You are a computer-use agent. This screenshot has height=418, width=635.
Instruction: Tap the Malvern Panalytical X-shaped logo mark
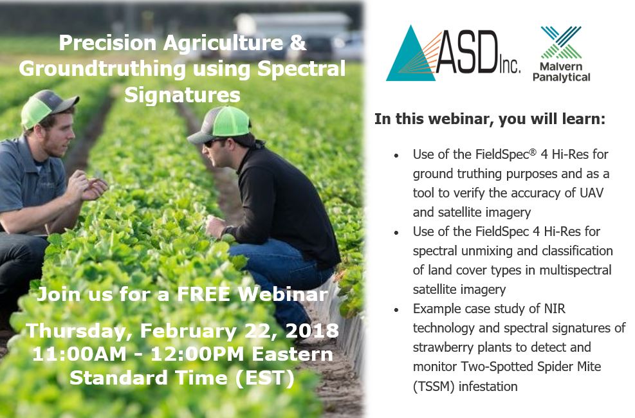561,42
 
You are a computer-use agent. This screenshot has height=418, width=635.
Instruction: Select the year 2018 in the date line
312,331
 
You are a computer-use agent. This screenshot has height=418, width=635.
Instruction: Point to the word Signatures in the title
182,95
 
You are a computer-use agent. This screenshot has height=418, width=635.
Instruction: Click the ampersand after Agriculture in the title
298,43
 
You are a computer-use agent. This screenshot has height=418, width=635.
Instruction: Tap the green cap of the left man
44,107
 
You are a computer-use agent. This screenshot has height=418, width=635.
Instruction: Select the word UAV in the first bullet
592,193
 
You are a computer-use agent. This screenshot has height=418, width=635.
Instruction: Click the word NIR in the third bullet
554,309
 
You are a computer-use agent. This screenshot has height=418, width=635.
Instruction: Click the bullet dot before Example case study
396,310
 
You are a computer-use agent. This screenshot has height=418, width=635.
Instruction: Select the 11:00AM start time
79,354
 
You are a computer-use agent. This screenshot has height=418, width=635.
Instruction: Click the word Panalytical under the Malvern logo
561,77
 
